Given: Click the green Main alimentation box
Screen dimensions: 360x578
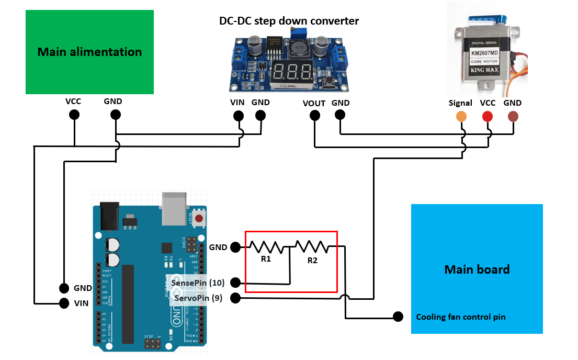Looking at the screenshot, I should point(89,52).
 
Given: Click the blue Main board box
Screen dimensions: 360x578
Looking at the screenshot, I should point(477,268).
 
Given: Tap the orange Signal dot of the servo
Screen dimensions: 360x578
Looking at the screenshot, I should point(461,117).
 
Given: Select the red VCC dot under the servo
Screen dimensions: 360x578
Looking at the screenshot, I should point(488,117).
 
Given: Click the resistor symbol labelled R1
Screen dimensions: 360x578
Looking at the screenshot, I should point(266,246).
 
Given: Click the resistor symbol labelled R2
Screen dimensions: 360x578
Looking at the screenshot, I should point(312,246).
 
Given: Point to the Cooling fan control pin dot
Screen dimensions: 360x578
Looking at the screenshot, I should point(399,317).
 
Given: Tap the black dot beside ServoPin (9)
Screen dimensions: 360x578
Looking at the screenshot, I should point(235,298).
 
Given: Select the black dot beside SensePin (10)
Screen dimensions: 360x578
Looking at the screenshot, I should point(235,283).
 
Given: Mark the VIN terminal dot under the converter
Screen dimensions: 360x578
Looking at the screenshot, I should point(237,116).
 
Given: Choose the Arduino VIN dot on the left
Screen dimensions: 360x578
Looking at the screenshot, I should point(64,303).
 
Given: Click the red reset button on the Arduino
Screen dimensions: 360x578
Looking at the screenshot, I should point(199,218).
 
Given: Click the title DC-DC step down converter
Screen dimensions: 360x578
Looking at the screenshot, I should point(289,21).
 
